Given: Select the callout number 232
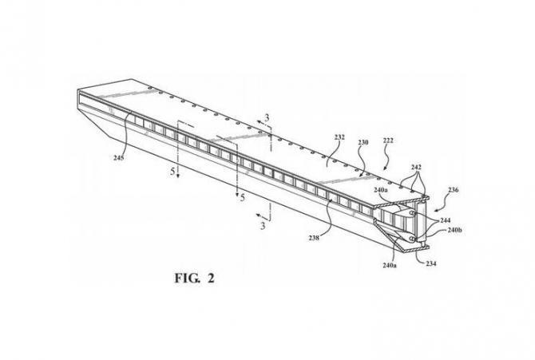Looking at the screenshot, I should [339, 137].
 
